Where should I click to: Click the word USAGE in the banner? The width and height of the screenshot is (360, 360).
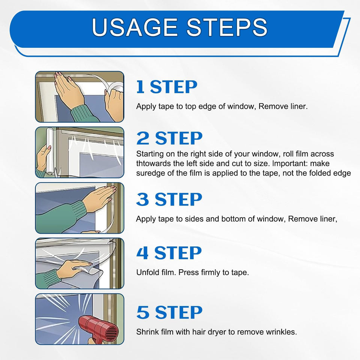click(x=135, y=27)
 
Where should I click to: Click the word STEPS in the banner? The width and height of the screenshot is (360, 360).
click(x=227, y=27)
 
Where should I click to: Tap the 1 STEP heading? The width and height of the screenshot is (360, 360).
click(x=166, y=87)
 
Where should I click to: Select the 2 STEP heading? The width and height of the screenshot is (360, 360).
click(x=169, y=138)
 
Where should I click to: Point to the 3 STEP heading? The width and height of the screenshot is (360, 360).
click(x=169, y=199)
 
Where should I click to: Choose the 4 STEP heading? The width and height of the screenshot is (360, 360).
click(x=169, y=253)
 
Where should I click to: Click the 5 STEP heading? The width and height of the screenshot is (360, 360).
click(x=169, y=312)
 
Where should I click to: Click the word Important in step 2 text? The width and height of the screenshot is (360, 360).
click(x=289, y=163)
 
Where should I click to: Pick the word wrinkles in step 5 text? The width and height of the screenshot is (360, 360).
click(x=281, y=332)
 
